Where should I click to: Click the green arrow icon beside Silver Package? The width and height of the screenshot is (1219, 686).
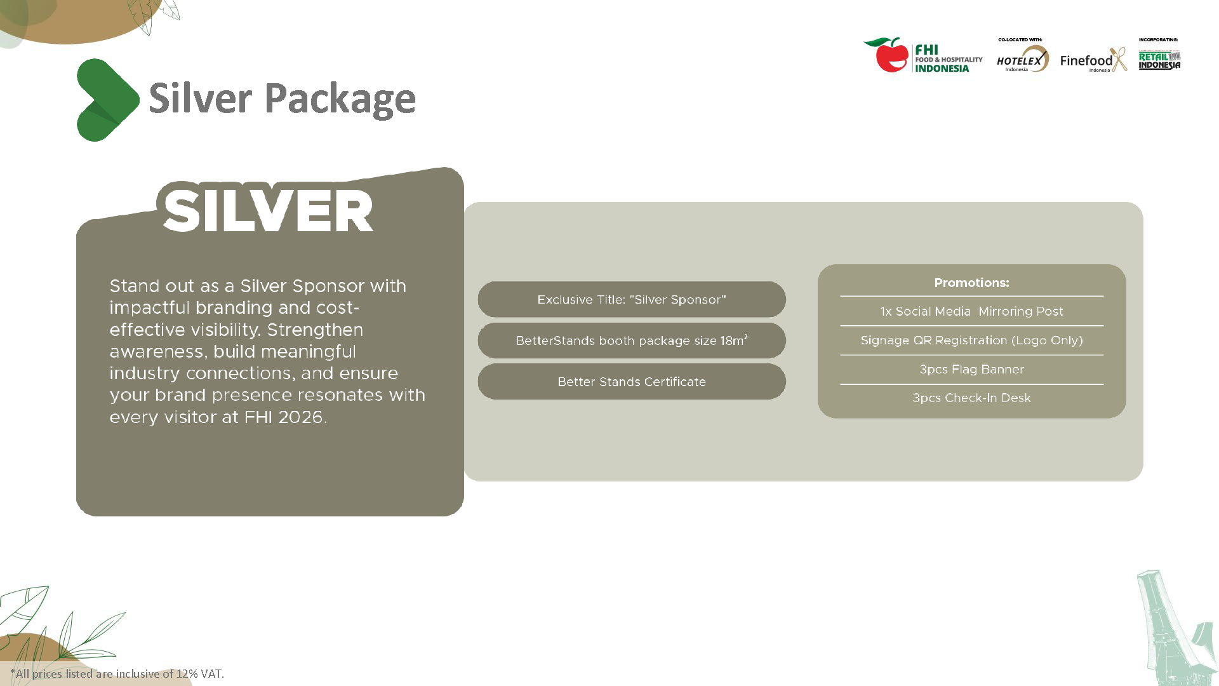point(107,100)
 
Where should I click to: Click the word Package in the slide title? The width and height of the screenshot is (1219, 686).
point(340,99)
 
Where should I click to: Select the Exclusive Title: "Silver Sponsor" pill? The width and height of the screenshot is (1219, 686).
point(632,300)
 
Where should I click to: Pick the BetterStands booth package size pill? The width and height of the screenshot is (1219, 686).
point(632,341)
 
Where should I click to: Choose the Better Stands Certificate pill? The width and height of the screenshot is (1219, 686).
point(632,382)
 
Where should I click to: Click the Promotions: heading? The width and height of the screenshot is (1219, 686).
point(971,283)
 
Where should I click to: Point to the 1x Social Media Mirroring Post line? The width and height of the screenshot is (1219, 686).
point(971,311)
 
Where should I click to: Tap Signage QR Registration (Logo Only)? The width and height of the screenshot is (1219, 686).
point(971,340)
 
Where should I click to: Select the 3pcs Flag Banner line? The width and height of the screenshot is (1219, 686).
point(971,369)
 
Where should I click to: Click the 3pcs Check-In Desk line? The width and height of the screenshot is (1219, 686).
point(971,398)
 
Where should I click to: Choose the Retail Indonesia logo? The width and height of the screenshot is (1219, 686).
point(1159,60)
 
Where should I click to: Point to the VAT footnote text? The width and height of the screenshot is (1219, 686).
point(117,674)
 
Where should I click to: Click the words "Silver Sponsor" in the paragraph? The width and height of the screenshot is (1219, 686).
point(302,286)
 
